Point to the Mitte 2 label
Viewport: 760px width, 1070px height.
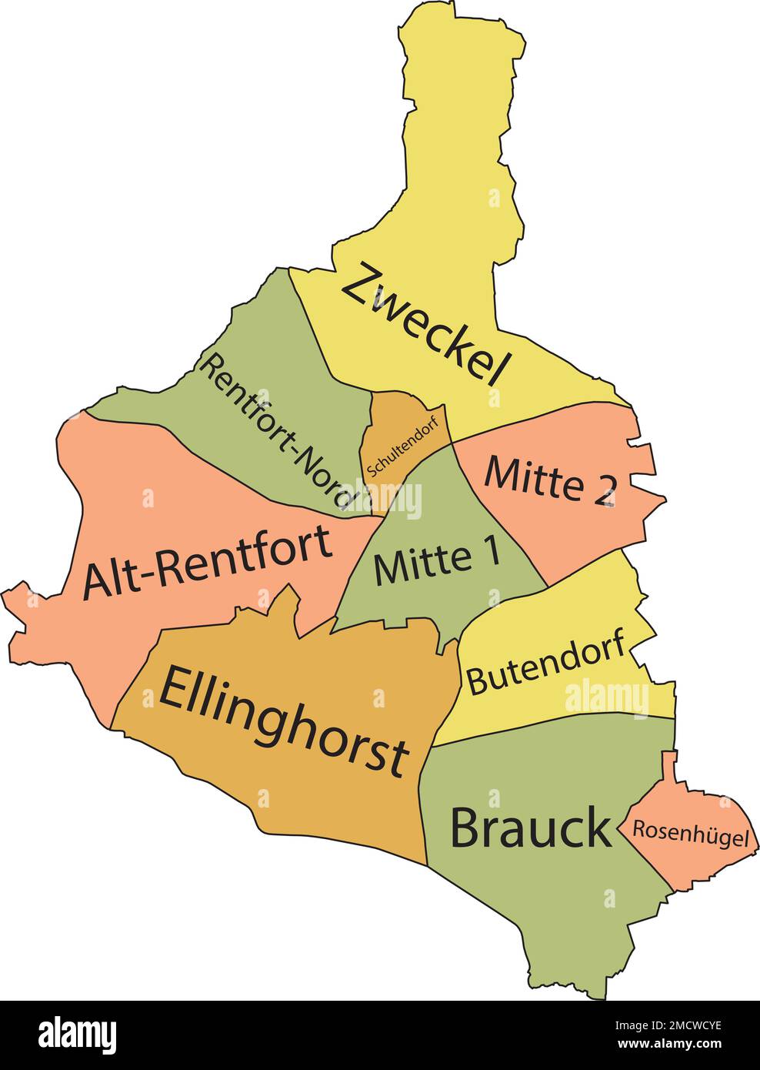[x=550, y=483]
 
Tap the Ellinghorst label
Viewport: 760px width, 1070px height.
[x=282, y=720]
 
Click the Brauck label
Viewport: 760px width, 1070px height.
[x=531, y=829]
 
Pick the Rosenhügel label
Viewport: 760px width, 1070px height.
[x=690, y=833]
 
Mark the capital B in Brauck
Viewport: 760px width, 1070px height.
[x=468, y=829]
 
